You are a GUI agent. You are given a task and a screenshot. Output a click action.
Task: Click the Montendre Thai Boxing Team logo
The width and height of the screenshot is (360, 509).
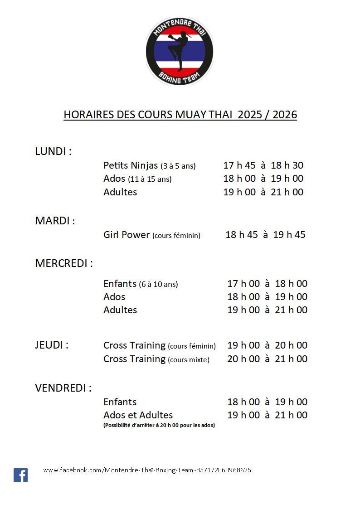180,51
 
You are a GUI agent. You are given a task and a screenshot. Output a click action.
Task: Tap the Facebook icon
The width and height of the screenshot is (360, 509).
20,475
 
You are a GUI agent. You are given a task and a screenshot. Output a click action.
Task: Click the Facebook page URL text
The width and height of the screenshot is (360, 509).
147,470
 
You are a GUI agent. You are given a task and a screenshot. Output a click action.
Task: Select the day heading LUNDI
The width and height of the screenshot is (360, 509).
53,151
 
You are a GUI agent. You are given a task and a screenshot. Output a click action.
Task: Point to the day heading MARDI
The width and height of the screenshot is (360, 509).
55,221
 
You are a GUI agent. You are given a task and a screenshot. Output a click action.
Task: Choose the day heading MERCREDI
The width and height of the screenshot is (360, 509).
63,263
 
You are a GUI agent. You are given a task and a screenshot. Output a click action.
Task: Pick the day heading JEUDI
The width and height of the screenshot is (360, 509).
52,345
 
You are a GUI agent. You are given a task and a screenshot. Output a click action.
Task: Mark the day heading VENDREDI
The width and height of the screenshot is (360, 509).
63,388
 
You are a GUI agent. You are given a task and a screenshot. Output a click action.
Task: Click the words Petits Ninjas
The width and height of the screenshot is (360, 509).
131,165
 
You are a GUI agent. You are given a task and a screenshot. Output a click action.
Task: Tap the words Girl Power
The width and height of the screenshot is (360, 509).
126,235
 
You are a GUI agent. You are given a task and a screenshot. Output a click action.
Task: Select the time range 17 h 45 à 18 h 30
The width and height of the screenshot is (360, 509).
263,165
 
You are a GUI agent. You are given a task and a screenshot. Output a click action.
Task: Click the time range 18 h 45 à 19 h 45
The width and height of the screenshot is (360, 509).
265,235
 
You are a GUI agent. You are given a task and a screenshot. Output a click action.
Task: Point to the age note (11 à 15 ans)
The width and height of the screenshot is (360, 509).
150,179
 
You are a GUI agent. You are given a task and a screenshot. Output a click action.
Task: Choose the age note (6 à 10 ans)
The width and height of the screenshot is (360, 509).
158,284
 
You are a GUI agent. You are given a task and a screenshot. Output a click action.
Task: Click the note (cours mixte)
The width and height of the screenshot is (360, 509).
189,360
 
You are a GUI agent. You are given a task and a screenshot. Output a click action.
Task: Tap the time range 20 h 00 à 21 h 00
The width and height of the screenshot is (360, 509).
267,359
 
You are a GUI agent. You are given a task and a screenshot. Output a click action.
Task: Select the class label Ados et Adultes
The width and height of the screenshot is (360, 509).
138,415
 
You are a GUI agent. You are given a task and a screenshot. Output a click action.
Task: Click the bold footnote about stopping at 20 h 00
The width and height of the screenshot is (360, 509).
159,425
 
